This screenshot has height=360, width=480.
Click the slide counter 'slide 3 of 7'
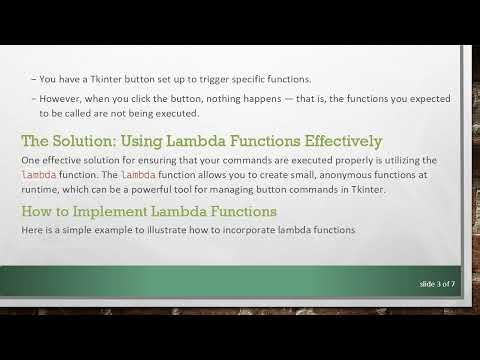tap(437, 285)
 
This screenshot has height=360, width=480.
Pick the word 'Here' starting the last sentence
tap(31, 231)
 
